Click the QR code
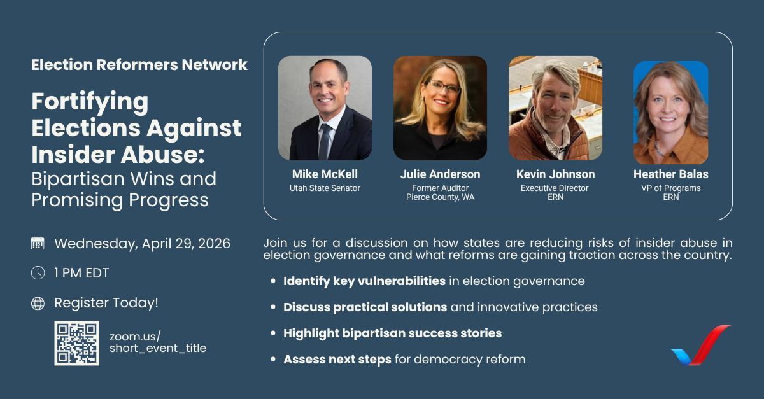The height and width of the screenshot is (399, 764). click(x=76, y=343)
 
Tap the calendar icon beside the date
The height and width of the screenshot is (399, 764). click(x=38, y=243)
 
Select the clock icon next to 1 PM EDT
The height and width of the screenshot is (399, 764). click(x=38, y=273)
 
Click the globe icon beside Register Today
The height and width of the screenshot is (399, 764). click(x=38, y=304)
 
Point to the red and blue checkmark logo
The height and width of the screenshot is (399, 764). click(x=700, y=346)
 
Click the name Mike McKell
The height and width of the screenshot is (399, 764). click(x=325, y=174)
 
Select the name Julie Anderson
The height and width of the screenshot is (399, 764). click(x=440, y=174)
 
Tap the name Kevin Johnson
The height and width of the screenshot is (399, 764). click(x=555, y=174)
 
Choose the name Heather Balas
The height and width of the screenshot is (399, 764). click(x=670, y=174)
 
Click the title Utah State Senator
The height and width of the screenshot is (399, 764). click(x=325, y=188)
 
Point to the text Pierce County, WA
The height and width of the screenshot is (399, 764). click(x=440, y=197)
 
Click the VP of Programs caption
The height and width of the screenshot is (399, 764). click(x=670, y=188)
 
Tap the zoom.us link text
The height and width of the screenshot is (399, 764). click(x=157, y=342)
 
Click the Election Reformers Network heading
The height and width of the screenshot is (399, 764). click(x=139, y=64)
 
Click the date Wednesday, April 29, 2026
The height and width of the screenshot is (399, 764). click(x=142, y=243)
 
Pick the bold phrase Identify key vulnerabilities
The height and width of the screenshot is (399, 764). click(x=364, y=281)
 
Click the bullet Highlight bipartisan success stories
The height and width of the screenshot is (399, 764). click(x=392, y=333)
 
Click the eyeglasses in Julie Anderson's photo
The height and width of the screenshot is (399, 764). click(x=443, y=87)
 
